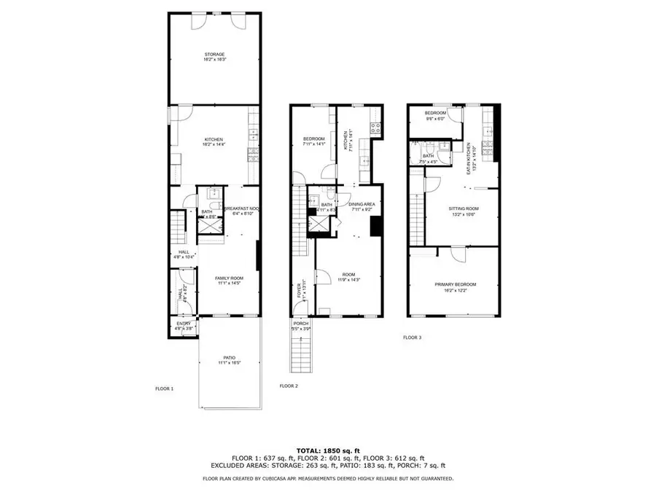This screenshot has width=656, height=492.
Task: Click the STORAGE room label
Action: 214,55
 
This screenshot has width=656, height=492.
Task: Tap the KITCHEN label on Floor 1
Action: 214,139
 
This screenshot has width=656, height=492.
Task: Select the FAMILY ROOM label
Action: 228,278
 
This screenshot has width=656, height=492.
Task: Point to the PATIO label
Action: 230,357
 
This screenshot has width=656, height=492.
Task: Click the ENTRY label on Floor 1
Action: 184,324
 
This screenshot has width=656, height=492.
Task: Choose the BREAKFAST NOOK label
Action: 238,208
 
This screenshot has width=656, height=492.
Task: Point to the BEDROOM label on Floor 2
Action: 313,139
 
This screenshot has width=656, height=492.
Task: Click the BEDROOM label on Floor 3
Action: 436,114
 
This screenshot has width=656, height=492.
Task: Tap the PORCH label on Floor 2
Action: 300,324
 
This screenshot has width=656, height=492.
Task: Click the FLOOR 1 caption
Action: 164,388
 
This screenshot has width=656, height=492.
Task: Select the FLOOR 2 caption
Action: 289,386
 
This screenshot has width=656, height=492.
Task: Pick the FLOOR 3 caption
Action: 413,337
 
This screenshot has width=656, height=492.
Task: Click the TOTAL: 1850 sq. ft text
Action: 327,450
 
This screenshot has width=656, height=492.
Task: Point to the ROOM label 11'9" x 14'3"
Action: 348,275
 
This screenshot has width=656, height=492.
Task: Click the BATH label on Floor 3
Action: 428,155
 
